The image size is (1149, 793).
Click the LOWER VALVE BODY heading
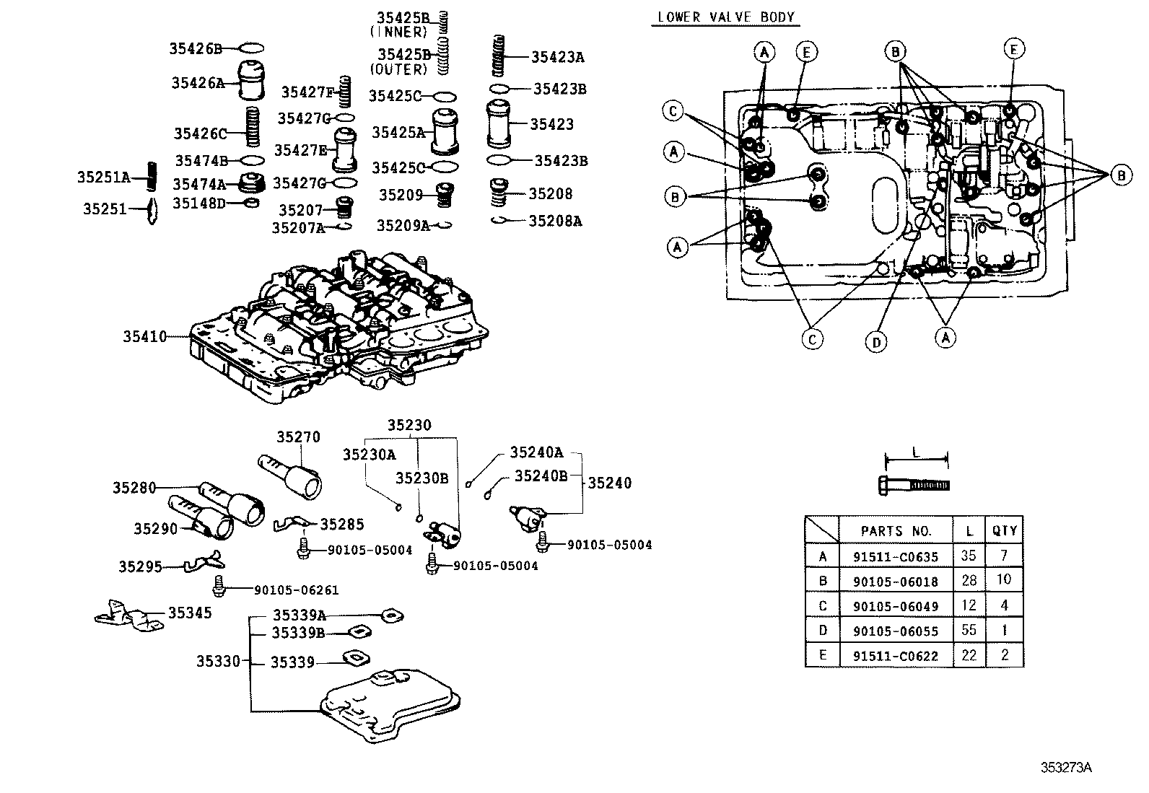726,17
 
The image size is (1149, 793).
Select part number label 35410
144,336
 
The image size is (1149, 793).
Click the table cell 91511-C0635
896,556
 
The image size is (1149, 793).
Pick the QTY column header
1004,530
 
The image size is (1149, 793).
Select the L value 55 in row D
969,630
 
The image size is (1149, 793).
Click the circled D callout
876,342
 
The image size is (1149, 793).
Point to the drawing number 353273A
1065,768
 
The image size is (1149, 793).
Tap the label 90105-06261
296,590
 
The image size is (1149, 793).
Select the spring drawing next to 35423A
498,56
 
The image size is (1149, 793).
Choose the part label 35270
298,437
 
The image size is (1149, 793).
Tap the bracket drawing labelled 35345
130,615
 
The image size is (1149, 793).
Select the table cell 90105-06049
896,606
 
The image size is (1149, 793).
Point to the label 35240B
541,476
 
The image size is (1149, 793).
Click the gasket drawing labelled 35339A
391,615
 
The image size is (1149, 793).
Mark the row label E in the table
822,656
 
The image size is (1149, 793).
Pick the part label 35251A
104,178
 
